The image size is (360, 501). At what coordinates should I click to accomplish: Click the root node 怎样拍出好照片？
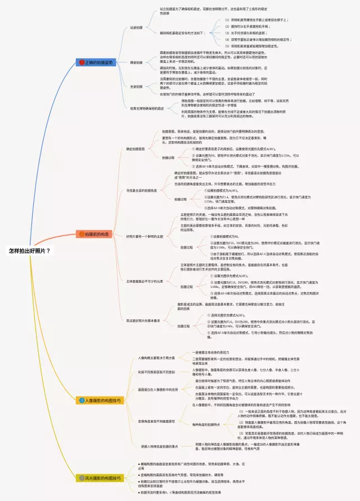point(29,251)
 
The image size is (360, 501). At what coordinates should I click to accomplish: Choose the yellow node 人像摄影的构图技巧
point(102,400)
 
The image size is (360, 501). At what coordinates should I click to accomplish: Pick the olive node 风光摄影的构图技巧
point(102,479)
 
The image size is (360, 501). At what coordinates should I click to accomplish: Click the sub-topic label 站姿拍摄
point(137,27)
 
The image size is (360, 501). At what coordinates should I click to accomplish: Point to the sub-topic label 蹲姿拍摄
point(137,62)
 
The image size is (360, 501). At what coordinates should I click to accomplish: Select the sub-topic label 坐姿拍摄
point(137,87)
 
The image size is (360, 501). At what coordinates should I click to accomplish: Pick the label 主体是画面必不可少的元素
point(144,281)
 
